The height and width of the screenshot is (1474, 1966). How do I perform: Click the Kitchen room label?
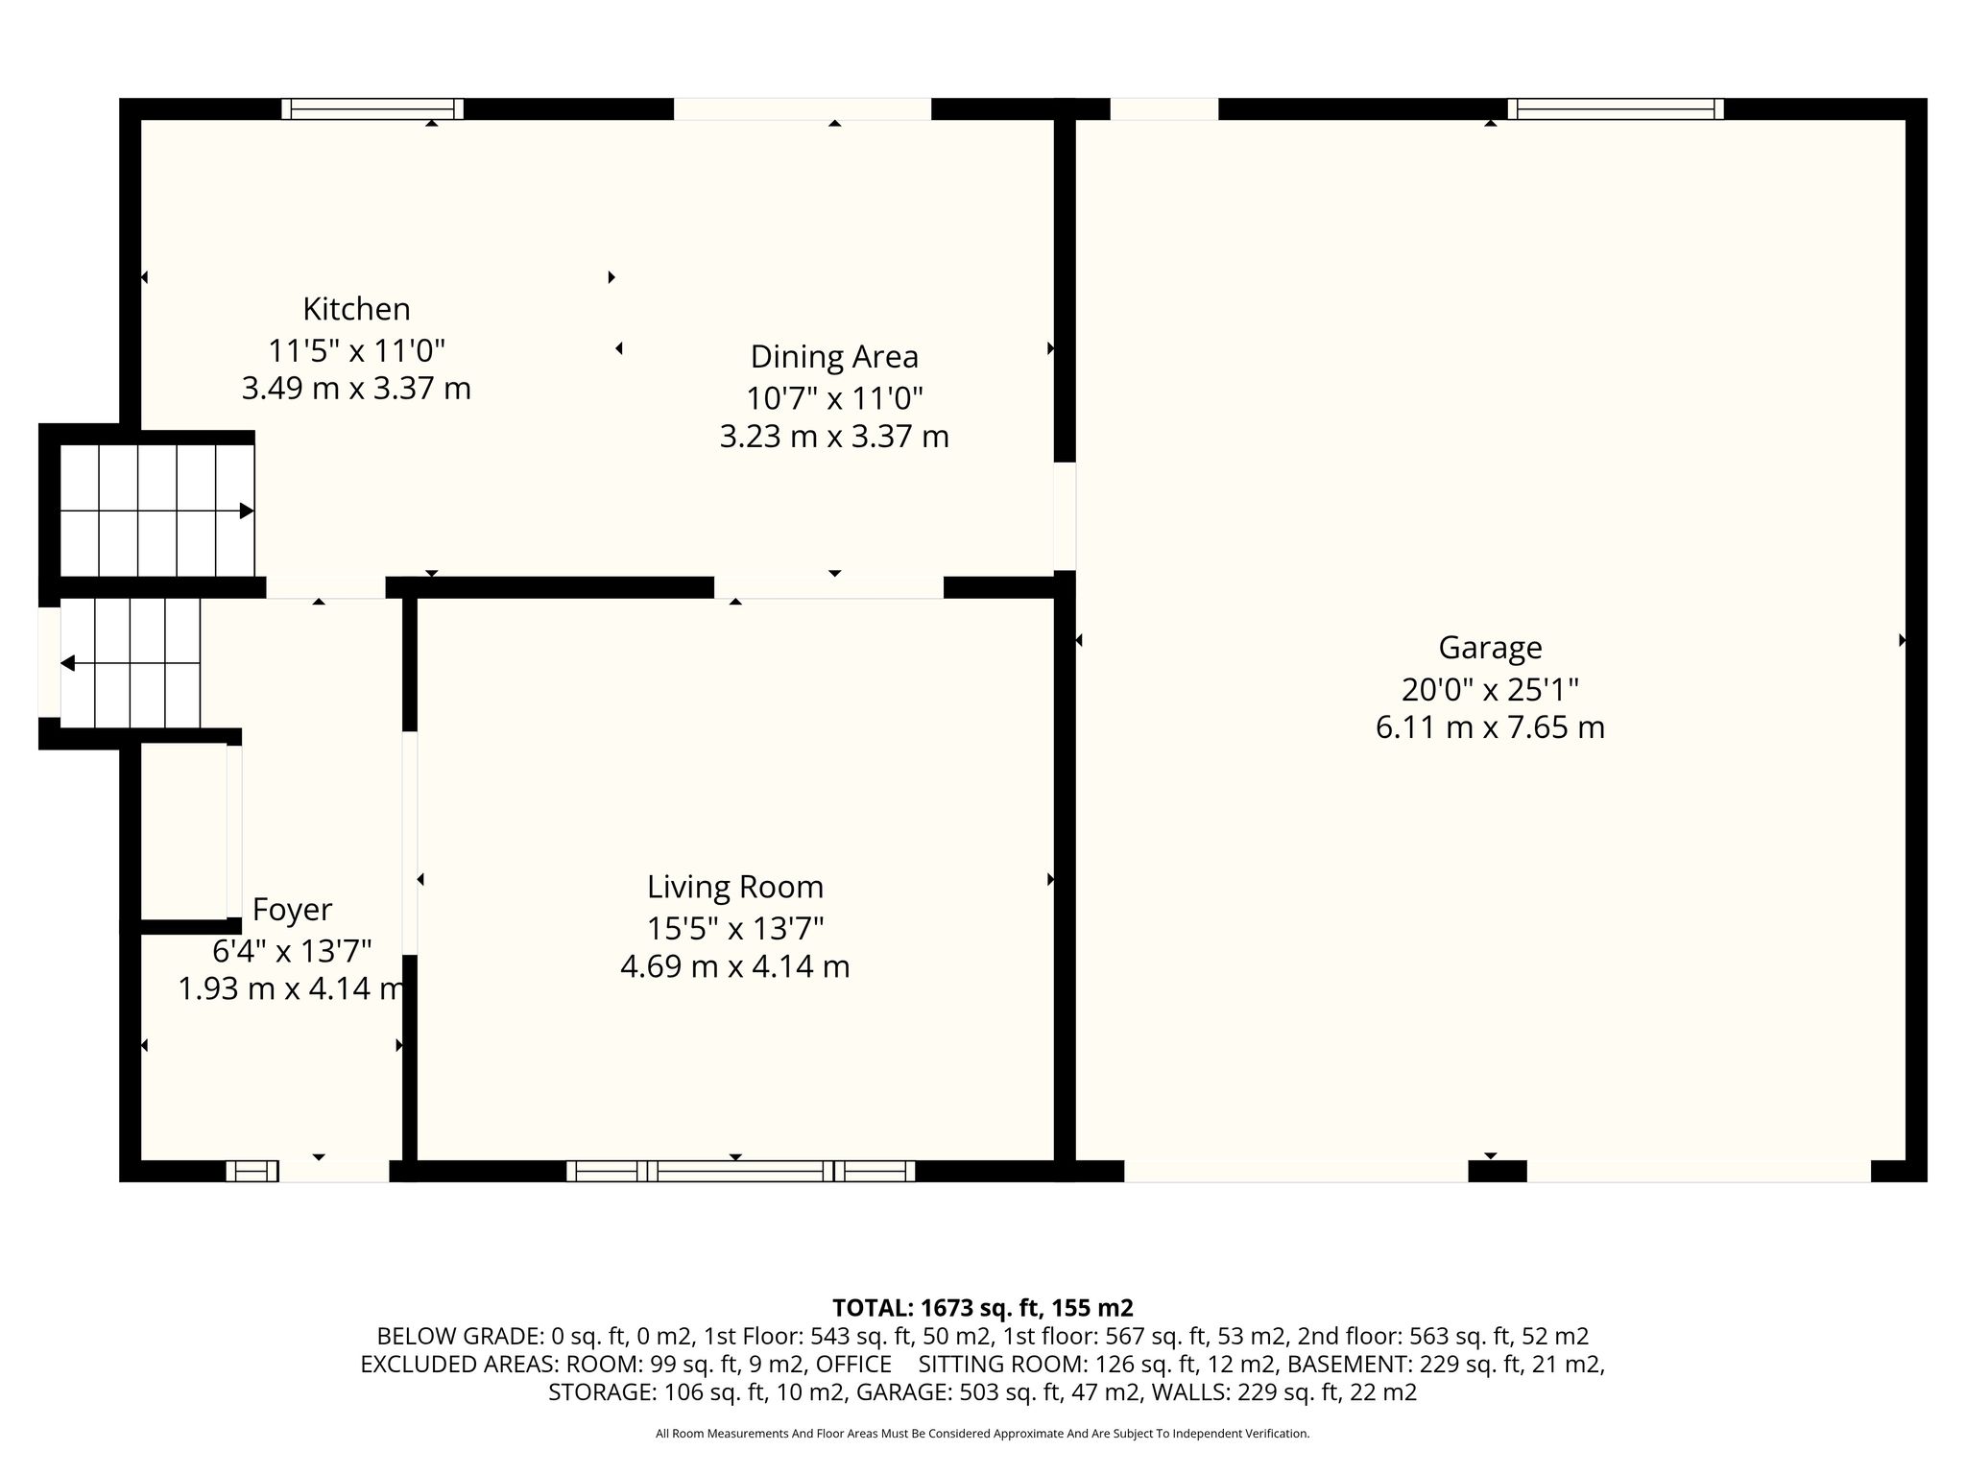(x=356, y=309)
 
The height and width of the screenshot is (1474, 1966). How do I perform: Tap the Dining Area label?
(x=834, y=356)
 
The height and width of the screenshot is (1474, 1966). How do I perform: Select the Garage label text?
(x=1490, y=649)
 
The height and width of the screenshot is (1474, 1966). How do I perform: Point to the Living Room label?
(x=735, y=887)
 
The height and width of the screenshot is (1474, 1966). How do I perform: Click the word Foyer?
(x=292, y=910)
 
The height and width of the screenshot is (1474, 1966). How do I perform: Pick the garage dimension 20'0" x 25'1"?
(x=1490, y=689)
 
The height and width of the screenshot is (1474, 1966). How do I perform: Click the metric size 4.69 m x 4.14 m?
(x=735, y=966)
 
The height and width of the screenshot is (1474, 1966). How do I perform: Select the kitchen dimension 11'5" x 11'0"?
(x=356, y=349)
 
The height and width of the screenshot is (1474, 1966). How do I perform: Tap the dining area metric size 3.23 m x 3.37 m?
(x=834, y=437)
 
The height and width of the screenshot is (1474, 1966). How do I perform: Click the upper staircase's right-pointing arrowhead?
(x=247, y=511)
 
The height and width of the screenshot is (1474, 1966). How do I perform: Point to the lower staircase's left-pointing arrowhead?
(x=67, y=663)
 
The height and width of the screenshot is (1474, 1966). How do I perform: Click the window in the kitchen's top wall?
(x=372, y=108)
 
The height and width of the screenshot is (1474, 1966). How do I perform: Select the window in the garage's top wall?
(x=1616, y=108)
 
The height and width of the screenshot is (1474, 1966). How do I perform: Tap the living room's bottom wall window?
(x=740, y=1171)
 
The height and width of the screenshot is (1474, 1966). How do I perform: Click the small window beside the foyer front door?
(x=252, y=1171)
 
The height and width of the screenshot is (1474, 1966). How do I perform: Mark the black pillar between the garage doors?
(x=1498, y=1171)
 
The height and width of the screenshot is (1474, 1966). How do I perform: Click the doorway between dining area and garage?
(x=1065, y=516)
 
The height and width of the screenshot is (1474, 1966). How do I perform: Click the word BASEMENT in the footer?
(x=1346, y=1364)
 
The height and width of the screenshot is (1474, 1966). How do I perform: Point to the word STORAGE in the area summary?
(x=602, y=1392)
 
